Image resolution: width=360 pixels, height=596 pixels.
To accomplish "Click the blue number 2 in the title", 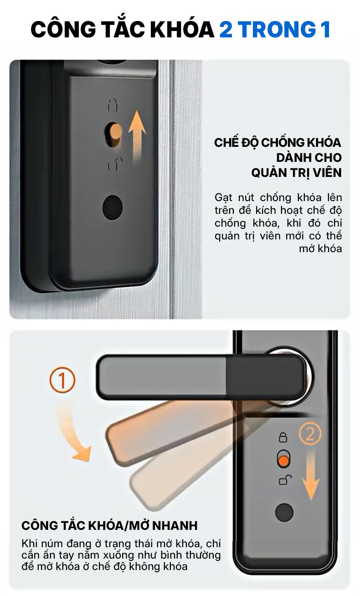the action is [226, 29].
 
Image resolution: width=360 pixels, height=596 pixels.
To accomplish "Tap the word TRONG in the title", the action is [277, 29].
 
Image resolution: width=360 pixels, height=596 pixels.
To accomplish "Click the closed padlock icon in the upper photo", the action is [113, 104].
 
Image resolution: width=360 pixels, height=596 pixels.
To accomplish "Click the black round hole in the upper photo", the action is [113, 207].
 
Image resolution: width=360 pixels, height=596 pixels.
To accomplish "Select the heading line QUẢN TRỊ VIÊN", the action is [297, 173].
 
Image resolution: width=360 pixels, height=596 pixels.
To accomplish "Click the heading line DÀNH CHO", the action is [309, 157].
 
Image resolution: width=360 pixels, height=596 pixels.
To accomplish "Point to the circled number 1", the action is [62, 380].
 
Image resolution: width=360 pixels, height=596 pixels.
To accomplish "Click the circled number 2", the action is [310, 433].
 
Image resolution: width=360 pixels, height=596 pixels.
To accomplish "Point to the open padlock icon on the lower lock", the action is [285, 480].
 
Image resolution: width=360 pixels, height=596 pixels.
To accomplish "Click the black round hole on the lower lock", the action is [284, 513].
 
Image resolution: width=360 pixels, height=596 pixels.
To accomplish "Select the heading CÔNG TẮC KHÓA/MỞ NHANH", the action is [109, 525].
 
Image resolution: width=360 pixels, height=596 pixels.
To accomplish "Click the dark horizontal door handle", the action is [202, 377].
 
